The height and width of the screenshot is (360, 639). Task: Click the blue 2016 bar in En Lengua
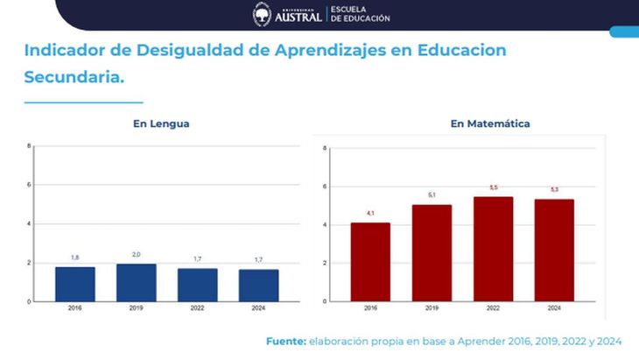point(75,284)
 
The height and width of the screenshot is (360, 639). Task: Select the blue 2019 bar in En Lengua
point(137,282)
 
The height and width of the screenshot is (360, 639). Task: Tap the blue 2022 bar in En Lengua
point(197,285)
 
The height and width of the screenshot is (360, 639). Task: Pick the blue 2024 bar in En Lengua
point(258,285)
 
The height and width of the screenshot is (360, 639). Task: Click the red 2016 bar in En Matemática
point(370,262)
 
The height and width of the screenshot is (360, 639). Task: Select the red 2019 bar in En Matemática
point(432,253)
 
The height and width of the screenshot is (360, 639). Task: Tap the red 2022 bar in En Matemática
point(493,249)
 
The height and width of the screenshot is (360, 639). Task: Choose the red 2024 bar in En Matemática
point(554,251)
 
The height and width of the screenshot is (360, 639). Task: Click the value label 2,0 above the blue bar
point(137,254)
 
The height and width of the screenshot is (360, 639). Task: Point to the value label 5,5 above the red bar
point(493,187)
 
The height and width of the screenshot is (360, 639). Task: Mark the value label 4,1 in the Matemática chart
point(370,214)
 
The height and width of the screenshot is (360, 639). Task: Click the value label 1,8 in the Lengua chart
point(75,258)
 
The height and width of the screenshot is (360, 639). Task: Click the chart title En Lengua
point(161,124)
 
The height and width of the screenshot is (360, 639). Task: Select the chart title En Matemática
point(490,124)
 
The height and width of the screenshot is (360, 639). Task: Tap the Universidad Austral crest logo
point(262,14)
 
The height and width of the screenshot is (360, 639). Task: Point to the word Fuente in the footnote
point(285,341)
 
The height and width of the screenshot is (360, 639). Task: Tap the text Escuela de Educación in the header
point(360,14)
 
